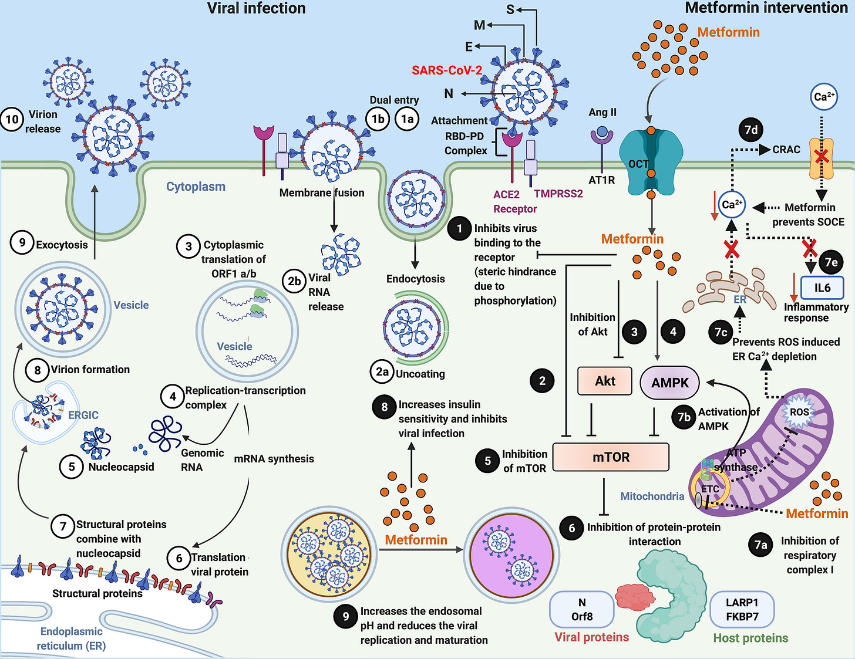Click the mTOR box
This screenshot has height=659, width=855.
[x=611, y=457]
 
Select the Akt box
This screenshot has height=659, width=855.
[x=605, y=381]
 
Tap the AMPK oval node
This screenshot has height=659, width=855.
[x=669, y=382]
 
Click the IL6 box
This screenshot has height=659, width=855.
[x=822, y=288]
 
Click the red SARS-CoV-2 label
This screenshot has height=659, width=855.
[x=446, y=70]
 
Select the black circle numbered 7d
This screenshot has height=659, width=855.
[x=751, y=130]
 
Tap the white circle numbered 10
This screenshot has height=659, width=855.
[x=12, y=119]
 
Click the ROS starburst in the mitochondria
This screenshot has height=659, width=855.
[x=799, y=412]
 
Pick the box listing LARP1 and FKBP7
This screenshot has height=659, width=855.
[x=742, y=610]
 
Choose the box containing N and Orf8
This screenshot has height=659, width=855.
[x=582, y=610]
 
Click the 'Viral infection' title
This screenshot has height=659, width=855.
[x=256, y=8]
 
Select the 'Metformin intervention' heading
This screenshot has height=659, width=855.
[x=766, y=8]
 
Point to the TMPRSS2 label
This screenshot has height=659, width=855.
[x=558, y=194]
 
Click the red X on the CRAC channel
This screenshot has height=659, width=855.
[x=821, y=158]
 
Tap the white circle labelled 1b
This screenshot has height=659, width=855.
[x=378, y=119]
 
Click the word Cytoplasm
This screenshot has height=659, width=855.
[x=196, y=187]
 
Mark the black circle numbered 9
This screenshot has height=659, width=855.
[x=345, y=616]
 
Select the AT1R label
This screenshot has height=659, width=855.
[x=601, y=180]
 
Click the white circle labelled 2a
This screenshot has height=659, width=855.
[x=382, y=371]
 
